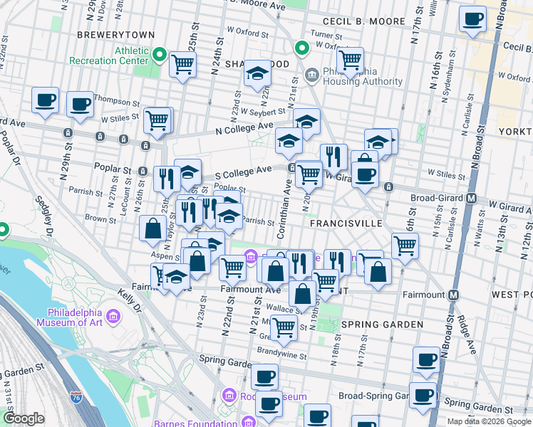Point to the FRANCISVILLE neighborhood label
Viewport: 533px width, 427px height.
coord(346,223)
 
